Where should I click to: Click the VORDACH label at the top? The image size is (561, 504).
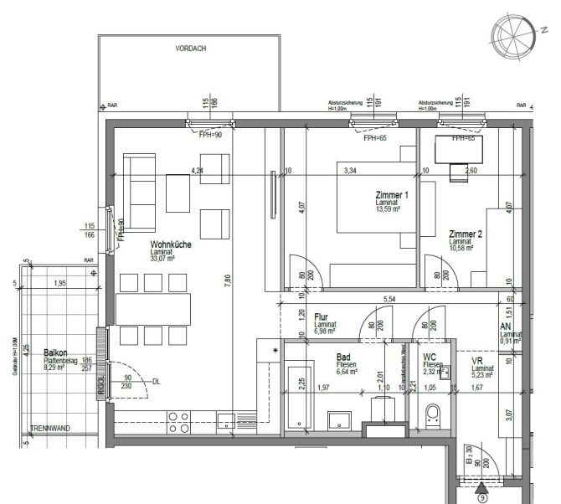click(190, 49)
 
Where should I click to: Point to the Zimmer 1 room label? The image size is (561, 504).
click(393, 194)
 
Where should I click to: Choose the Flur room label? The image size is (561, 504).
click(322, 317)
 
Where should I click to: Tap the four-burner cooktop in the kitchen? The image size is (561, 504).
click(178, 418)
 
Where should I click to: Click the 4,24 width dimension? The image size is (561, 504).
click(198, 171)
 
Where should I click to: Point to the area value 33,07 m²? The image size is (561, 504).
click(162, 260)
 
